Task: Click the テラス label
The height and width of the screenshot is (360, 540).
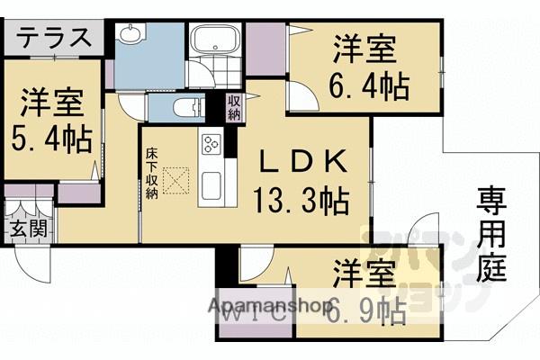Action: (x=54, y=39)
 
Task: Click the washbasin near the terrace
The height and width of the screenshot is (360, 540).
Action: (x=131, y=36)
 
